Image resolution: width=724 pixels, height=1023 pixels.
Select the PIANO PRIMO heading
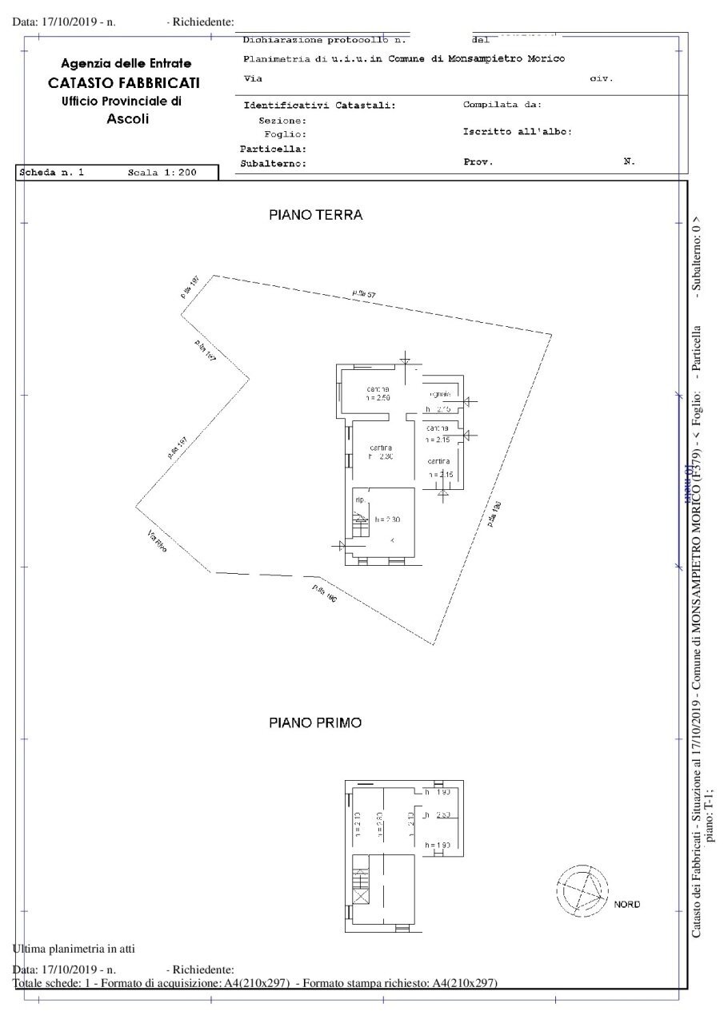315,722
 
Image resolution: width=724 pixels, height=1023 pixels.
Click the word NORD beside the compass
627,905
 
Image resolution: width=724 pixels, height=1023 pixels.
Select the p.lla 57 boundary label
364,295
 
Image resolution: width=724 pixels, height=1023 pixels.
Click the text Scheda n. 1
52,173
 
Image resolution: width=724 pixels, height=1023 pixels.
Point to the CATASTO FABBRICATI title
124,82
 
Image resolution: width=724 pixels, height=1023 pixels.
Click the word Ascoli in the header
128,119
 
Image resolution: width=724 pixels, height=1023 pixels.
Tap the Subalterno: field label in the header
274,163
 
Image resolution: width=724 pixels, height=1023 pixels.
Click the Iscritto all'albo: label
517,132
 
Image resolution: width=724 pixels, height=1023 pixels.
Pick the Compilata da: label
502,105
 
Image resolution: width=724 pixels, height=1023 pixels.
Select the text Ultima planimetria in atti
74,949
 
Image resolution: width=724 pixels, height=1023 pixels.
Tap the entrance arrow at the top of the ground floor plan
406,360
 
